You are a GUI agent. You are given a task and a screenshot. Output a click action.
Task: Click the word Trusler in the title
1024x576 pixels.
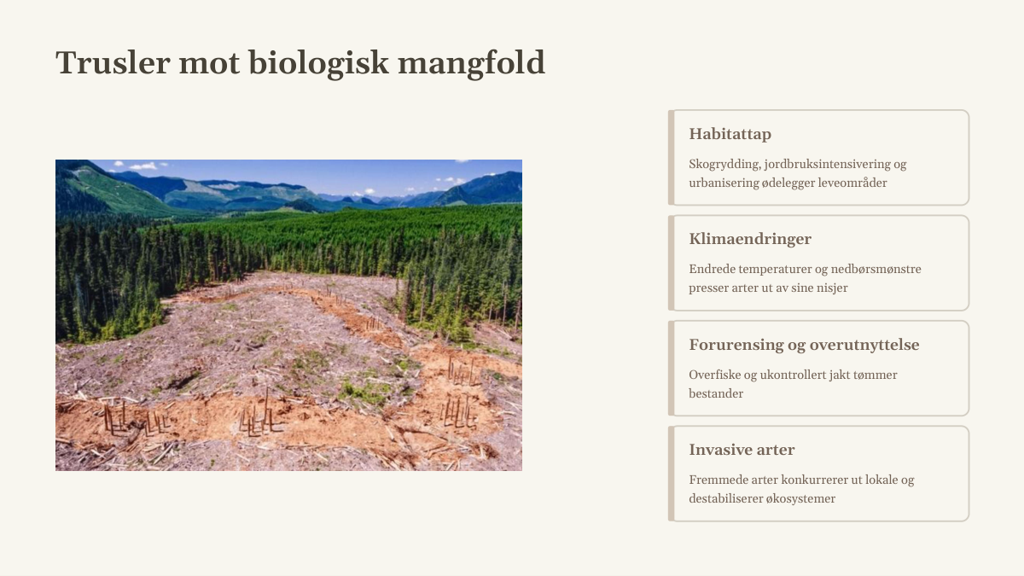pos(113,62)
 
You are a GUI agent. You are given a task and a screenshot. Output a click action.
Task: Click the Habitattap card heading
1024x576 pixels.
pos(730,134)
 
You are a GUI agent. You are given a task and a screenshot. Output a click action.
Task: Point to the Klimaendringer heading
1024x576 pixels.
pos(750,239)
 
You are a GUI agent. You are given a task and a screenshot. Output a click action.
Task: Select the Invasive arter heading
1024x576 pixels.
pos(742,450)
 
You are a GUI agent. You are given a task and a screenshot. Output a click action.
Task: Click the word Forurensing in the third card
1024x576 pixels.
pos(733,345)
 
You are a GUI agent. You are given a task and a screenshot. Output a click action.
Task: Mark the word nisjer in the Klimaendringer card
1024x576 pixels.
pos(834,288)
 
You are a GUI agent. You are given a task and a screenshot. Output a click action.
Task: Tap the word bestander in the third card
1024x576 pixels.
pos(716,393)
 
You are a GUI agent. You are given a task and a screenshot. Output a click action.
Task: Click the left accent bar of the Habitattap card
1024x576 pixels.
pos(671,157)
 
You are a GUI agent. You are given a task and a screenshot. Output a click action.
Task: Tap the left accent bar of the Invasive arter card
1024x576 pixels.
pos(671,474)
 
